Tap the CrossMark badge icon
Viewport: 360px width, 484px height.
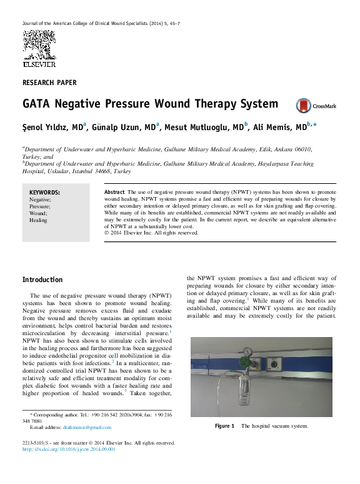click(303, 105)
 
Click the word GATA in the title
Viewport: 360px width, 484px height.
click(38, 104)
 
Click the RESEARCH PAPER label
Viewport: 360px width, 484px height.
click(49, 83)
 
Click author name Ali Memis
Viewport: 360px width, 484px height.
click(282, 127)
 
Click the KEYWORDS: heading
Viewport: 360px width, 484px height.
click(44, 193)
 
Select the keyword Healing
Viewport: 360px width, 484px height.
click(38, 220)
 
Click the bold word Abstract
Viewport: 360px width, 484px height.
click(114, 191)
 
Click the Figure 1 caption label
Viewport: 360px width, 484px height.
click(224, 426)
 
